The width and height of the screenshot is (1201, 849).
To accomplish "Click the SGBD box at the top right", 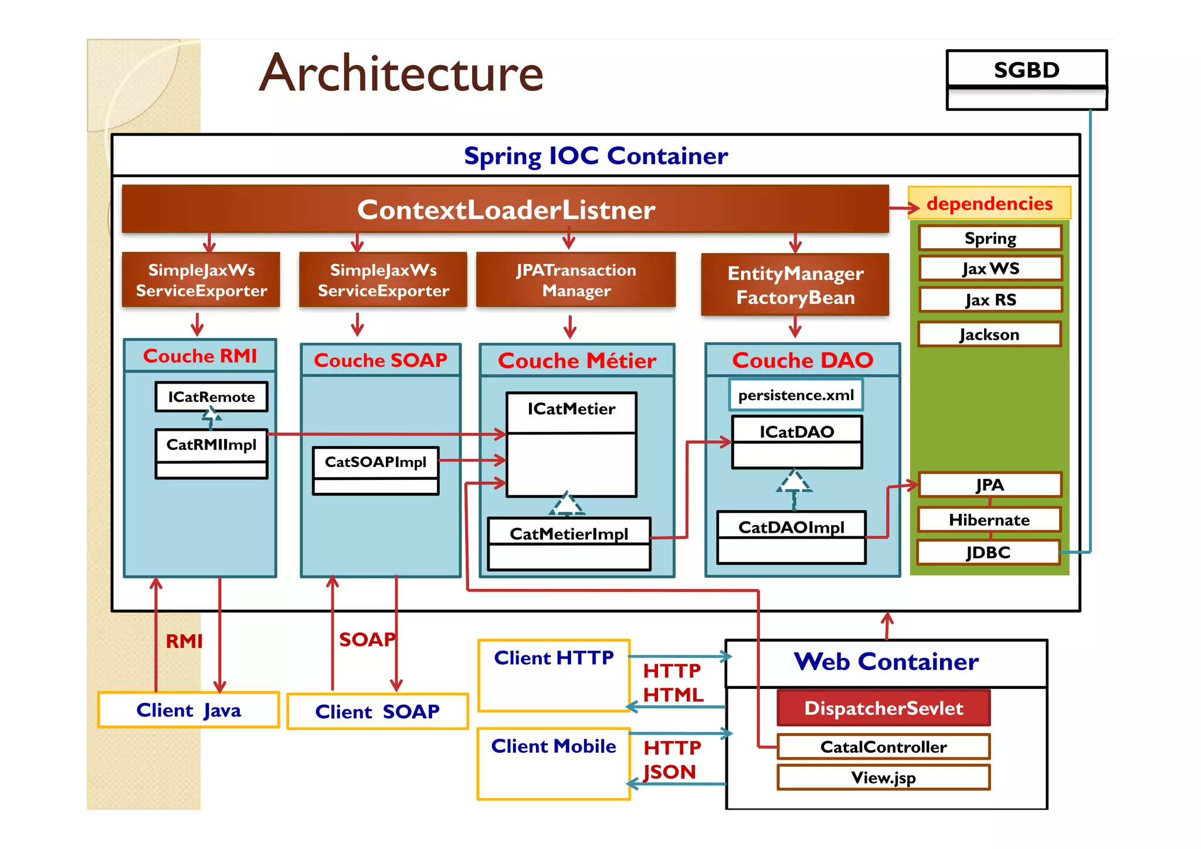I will pyautogui.click(x=1026, y=70).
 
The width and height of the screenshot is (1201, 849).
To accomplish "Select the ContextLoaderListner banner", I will pyautogui.click(x=505, y=209).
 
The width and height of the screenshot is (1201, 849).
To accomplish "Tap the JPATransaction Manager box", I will pyautogui.click(x=576, y=280).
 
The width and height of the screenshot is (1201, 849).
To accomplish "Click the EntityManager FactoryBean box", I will pyautogui.click(x=795, y=285).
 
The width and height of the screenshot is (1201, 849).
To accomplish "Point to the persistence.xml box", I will pyautogui.click(x=796, y=395).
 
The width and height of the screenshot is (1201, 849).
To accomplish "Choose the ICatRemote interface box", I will pyautogui.click(x=211, y=397).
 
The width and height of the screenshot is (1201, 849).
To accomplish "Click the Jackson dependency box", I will pyautogui.click(x=989, y=334).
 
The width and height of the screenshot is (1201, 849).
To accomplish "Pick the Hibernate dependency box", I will pyautogui.click(x=989, y=520).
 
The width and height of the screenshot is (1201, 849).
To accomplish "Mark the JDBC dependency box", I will pyautogui.click(x=988, y=553).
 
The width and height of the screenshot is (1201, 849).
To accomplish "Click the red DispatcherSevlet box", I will pyautogui.click(x=883, y=708).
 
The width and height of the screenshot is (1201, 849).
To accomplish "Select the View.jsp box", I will pyautogui.click(x=883, y=778).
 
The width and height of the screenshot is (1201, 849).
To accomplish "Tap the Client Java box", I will pyautogui.click(x=188, y=711).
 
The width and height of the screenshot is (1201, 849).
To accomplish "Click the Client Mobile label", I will pyautogui.click(x=554, y=746).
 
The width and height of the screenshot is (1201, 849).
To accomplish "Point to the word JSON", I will pyautogui.click(x=670, y=772).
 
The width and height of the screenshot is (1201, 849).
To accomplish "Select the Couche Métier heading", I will pyautogui.click(x=577, y=360).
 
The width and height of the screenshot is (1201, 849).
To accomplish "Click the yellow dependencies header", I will pyautogui.click(x=989, y=204).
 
